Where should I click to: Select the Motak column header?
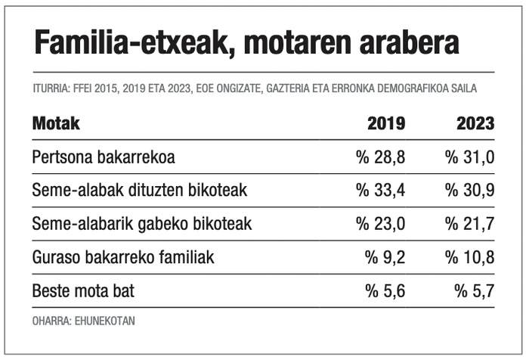pos(56,123)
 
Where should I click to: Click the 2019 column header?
pos(386,124)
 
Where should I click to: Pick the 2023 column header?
pos(475,124)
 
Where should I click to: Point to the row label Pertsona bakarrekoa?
pos(104,157)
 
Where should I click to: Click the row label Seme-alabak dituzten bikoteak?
pos(140,191)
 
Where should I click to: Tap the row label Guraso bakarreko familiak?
pos(123,257)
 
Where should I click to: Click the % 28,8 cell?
pos(381,157)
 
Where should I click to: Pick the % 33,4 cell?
pos(381,191)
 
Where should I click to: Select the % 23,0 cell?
pos(381,224)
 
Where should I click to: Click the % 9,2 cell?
pos(385,257)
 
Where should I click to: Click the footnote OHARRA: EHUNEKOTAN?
pos(83,321)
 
